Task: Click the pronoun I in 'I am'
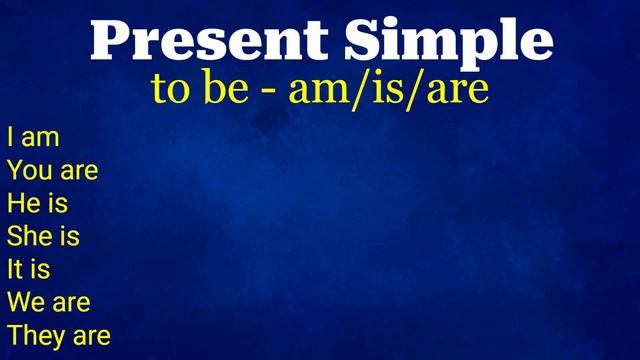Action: (x=10, y=137)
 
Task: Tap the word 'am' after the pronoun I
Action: (x=40, y=138)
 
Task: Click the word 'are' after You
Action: (x=78, y=171)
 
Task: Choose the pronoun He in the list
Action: (x=22, y=203)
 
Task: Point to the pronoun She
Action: (x=28, y=236)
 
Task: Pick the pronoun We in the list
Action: (x=25, y=302)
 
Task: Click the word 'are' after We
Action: (x=70, y=303)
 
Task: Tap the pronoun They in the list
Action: (x=35, y=335)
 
